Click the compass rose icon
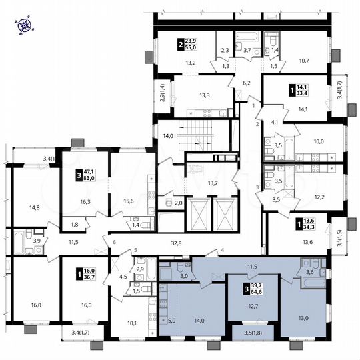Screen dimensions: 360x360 pyautogui.click(x=25, y=26)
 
